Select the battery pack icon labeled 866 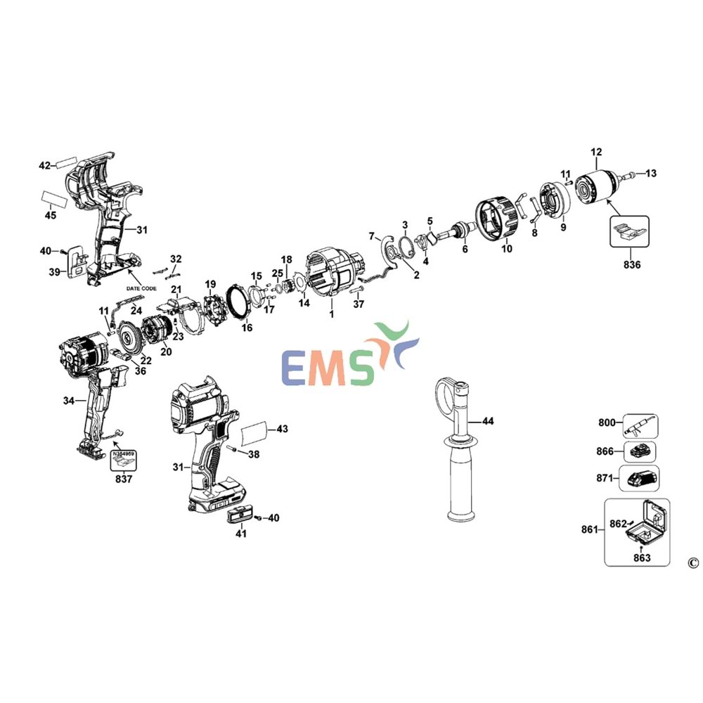coord(640,451)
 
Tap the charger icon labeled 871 coord(640,479)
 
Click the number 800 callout coord(607,423)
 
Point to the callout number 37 coord(359,304)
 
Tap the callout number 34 coord(68,401)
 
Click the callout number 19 coord(210,284)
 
